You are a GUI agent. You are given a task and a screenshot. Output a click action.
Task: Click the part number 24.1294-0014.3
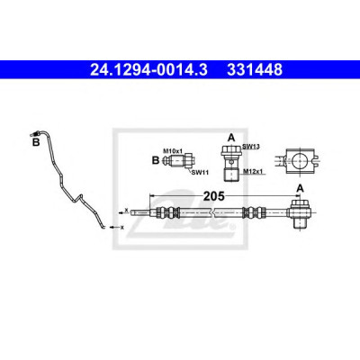click(x=148, y=69)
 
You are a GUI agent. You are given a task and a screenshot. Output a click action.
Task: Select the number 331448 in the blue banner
click(x=255, y=69)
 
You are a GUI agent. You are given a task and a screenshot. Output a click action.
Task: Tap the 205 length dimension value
click(x=214, y=196)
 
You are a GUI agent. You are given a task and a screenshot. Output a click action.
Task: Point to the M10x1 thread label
click(x=173, y=150)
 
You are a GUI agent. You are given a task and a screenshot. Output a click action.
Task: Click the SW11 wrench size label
click(x=200, y=173)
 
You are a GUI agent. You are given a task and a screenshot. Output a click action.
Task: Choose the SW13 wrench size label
click(x=251, y=147)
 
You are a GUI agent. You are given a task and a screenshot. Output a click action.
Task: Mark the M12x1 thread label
click(x=253, y=171)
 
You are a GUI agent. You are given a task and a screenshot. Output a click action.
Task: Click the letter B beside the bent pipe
click(x=36, y=142)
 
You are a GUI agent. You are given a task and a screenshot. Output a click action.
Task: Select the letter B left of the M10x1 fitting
click(x=156, y=160)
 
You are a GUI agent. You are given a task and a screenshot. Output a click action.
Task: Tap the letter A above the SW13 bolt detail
click(x=231, y=138)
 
